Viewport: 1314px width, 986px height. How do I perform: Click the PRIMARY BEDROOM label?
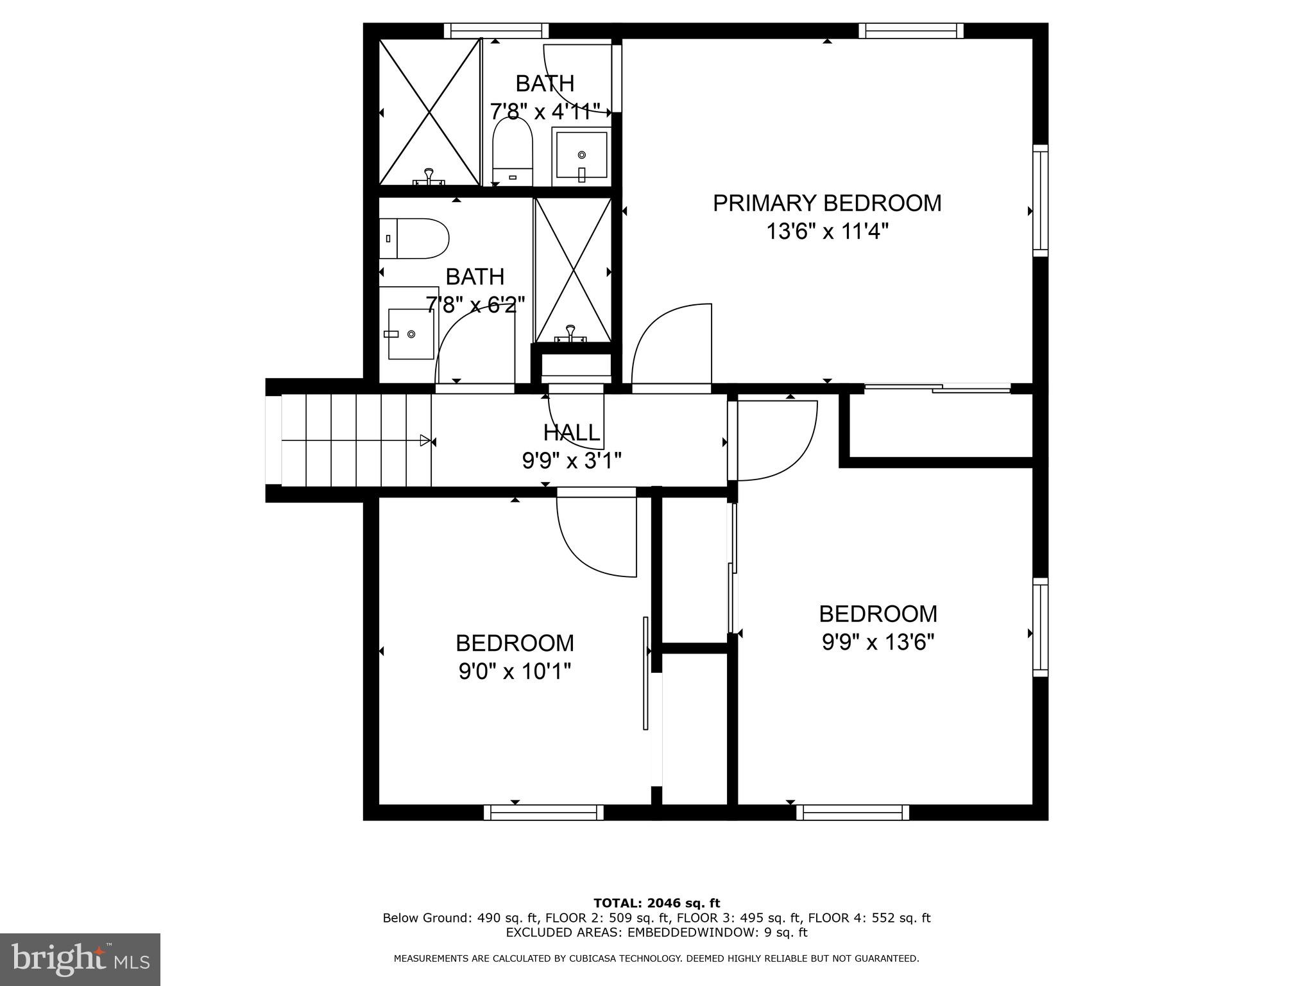click(827, 203)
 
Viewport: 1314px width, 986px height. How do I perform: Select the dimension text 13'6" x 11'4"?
click(827, 231)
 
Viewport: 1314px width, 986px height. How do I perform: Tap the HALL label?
click(572, 433)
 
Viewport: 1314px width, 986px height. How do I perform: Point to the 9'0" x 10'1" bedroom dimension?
click(515, 671)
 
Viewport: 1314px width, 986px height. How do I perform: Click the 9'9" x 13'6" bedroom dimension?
click(878, 642)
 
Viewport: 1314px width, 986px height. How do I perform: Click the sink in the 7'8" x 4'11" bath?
click(581, 155)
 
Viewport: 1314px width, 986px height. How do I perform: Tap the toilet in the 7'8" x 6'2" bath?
click(414, 238)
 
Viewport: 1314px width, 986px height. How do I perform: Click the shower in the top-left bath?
click(429, 112)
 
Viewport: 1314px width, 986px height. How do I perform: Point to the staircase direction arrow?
click(425, 440)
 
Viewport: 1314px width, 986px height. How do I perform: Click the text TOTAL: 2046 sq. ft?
click(656, 903)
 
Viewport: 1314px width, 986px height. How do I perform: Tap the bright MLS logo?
click(80, 959)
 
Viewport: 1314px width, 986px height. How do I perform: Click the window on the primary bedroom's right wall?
click(1040, 201)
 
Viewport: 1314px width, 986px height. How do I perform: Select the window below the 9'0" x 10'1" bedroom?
click(543, 812)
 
